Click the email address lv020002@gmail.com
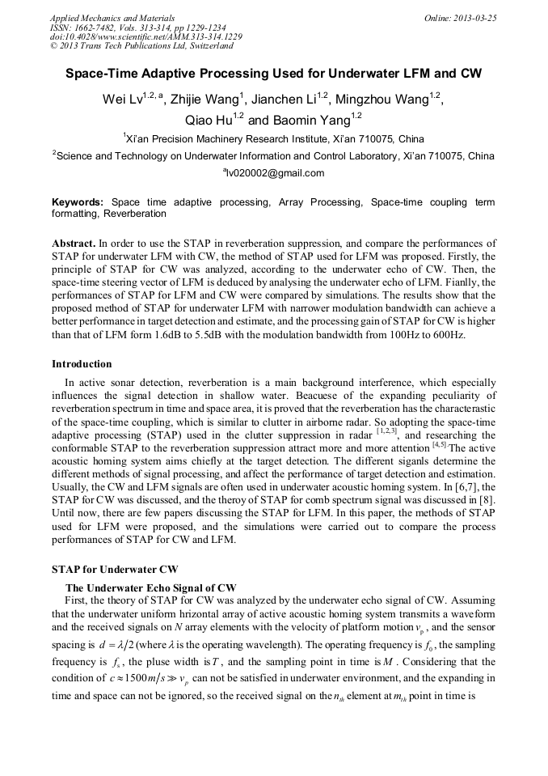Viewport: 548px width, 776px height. click(x=274, y=172)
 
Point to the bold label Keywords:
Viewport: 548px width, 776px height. click(x=78, y=201)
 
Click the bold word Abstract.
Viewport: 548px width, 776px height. click(x=74, y=243)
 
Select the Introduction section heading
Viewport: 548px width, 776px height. click(x=82, y=364)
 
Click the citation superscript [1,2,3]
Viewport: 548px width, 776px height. click(x=388, y=433)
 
